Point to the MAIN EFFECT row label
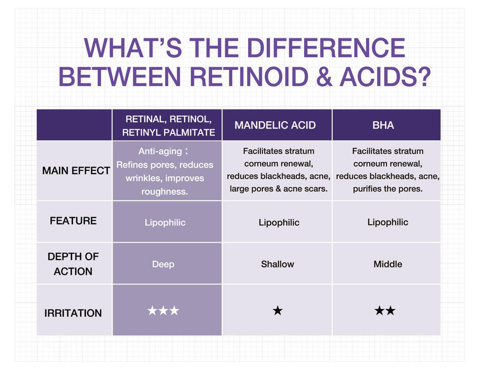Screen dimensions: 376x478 (x=76, y=171)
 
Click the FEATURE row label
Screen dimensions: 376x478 (x=73, y=221)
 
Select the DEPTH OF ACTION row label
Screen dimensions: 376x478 (x=73, y=264)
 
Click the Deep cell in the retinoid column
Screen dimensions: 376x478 (x=162, y=264)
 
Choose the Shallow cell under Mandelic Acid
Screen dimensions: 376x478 (x=277, y=264)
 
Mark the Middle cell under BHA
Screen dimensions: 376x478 (x=388, y=264)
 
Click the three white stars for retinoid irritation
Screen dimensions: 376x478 (x=163, y=311)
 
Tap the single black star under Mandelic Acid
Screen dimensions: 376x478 (x=277, y=311)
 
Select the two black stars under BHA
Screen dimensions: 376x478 (x=385, y=311)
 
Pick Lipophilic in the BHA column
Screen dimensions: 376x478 (x=388, y=222)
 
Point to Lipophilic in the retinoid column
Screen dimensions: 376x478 (x=165, y=222)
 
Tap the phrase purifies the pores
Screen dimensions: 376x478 (x=387, y=189)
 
